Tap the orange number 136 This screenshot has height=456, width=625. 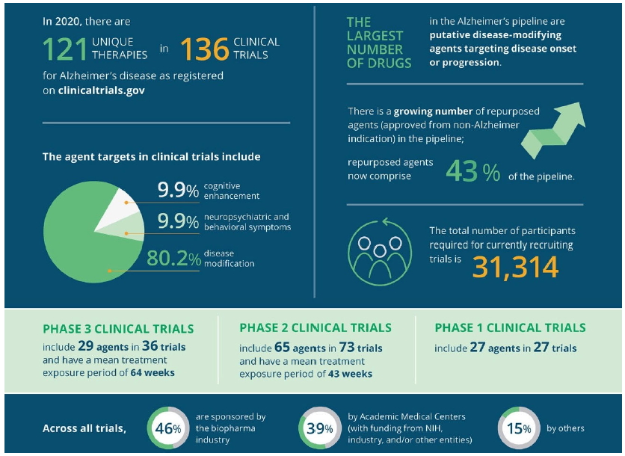[x=203, y=49]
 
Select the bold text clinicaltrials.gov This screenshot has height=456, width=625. [x=101, y=90]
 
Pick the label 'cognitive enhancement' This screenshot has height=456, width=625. [x=231, y=191]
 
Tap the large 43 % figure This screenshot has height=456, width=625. [x=472, y=172]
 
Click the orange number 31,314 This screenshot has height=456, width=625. [x=515, y=265]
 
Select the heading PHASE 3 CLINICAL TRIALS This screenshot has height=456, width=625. [x=118, y=329]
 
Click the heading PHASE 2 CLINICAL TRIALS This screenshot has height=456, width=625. [x=315, y=327]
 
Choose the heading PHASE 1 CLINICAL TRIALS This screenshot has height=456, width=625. [x=510, y=327]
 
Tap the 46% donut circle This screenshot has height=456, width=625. [x=167, y=428]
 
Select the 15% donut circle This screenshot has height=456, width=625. [x=517, y=428]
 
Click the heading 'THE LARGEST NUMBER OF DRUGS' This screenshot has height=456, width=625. [x=379, y=43]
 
